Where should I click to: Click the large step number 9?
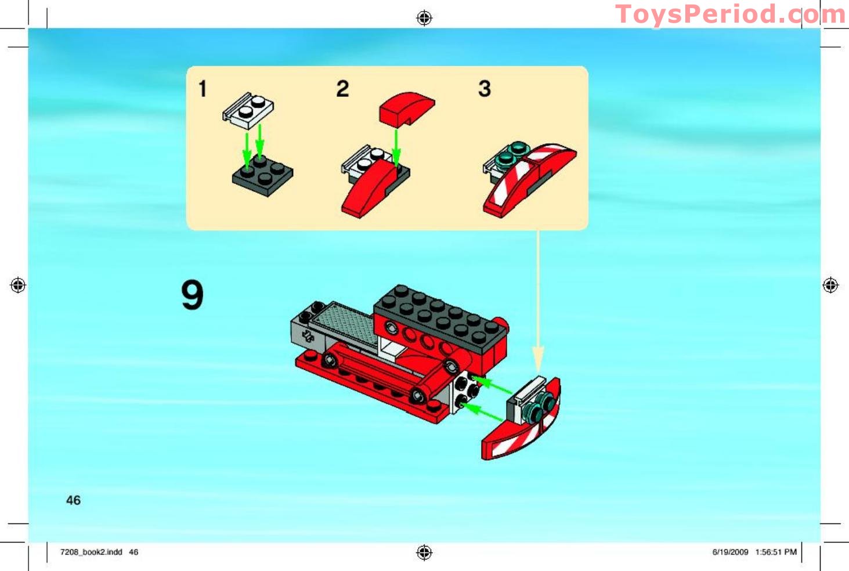pos(193,295)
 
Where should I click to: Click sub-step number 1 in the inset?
pos(203,89)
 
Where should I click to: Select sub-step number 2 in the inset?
pos(343,89)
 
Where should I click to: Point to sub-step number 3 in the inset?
pos(485,89)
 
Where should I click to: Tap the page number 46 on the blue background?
pos(74,500)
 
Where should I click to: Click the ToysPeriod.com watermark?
pos(730,15)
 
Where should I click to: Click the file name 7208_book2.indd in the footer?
pos(91,552)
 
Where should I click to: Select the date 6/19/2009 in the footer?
pos(730,552)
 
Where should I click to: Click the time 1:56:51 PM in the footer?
pos(776,552)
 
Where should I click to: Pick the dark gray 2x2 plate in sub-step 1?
pos(263,175)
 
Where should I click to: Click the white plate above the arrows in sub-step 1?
pos(248,110)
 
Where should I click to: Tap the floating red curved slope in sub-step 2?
pos(406,108)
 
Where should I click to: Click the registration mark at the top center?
pos(424,18)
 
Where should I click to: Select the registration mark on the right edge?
pos(830,285)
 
